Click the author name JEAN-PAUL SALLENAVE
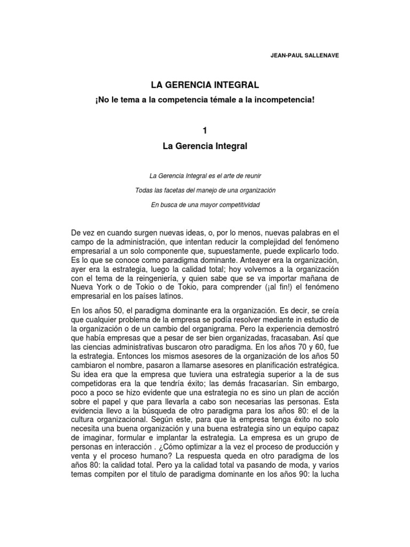(305, 55)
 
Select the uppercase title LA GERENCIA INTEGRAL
(206, 84)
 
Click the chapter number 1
(205, 130)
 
